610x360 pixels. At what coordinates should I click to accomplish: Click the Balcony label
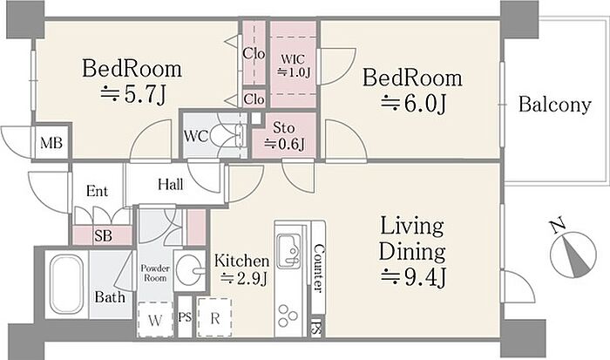coord(555,105)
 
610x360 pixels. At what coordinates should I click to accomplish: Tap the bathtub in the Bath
coord(66,284)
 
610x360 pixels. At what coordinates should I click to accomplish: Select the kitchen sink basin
coord(288,249)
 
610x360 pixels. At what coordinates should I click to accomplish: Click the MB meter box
coord(51,143)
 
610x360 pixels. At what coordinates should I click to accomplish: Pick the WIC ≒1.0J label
coord(294,65)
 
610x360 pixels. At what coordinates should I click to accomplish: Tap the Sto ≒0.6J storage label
coord(284,136)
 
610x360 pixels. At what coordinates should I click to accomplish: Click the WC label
coord(196,136)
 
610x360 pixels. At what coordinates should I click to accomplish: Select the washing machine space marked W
coord(155,320)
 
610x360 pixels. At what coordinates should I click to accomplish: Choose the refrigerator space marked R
coord(214,317)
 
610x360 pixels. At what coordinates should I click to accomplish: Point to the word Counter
coord(318,268)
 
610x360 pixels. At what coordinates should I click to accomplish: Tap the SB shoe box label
coord(103,235)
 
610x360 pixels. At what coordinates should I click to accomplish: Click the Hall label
coord(171,184)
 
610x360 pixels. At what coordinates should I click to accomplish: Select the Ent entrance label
coord(97,191)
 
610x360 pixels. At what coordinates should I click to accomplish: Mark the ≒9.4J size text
coord(413,277)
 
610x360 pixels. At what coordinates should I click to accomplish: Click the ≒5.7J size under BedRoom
coord(132,94)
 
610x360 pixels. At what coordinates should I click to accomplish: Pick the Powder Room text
coord(155,273)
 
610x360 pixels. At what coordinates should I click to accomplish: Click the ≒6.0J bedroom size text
coord(413,103)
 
